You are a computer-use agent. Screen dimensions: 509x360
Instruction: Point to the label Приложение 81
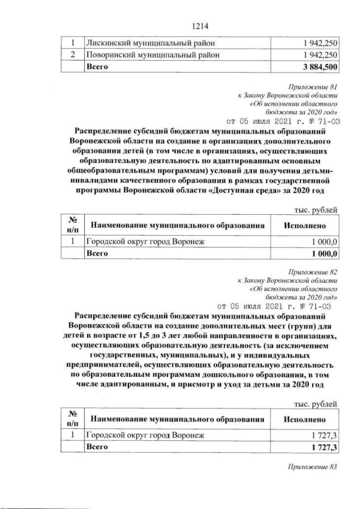point(313,87)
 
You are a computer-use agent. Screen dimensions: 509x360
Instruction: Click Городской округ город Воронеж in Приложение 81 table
point(146,242)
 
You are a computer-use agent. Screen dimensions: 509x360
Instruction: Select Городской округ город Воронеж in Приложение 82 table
point(146,435)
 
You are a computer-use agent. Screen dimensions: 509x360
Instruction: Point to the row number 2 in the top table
point(73,55)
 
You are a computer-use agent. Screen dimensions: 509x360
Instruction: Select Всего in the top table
point(95,67)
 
